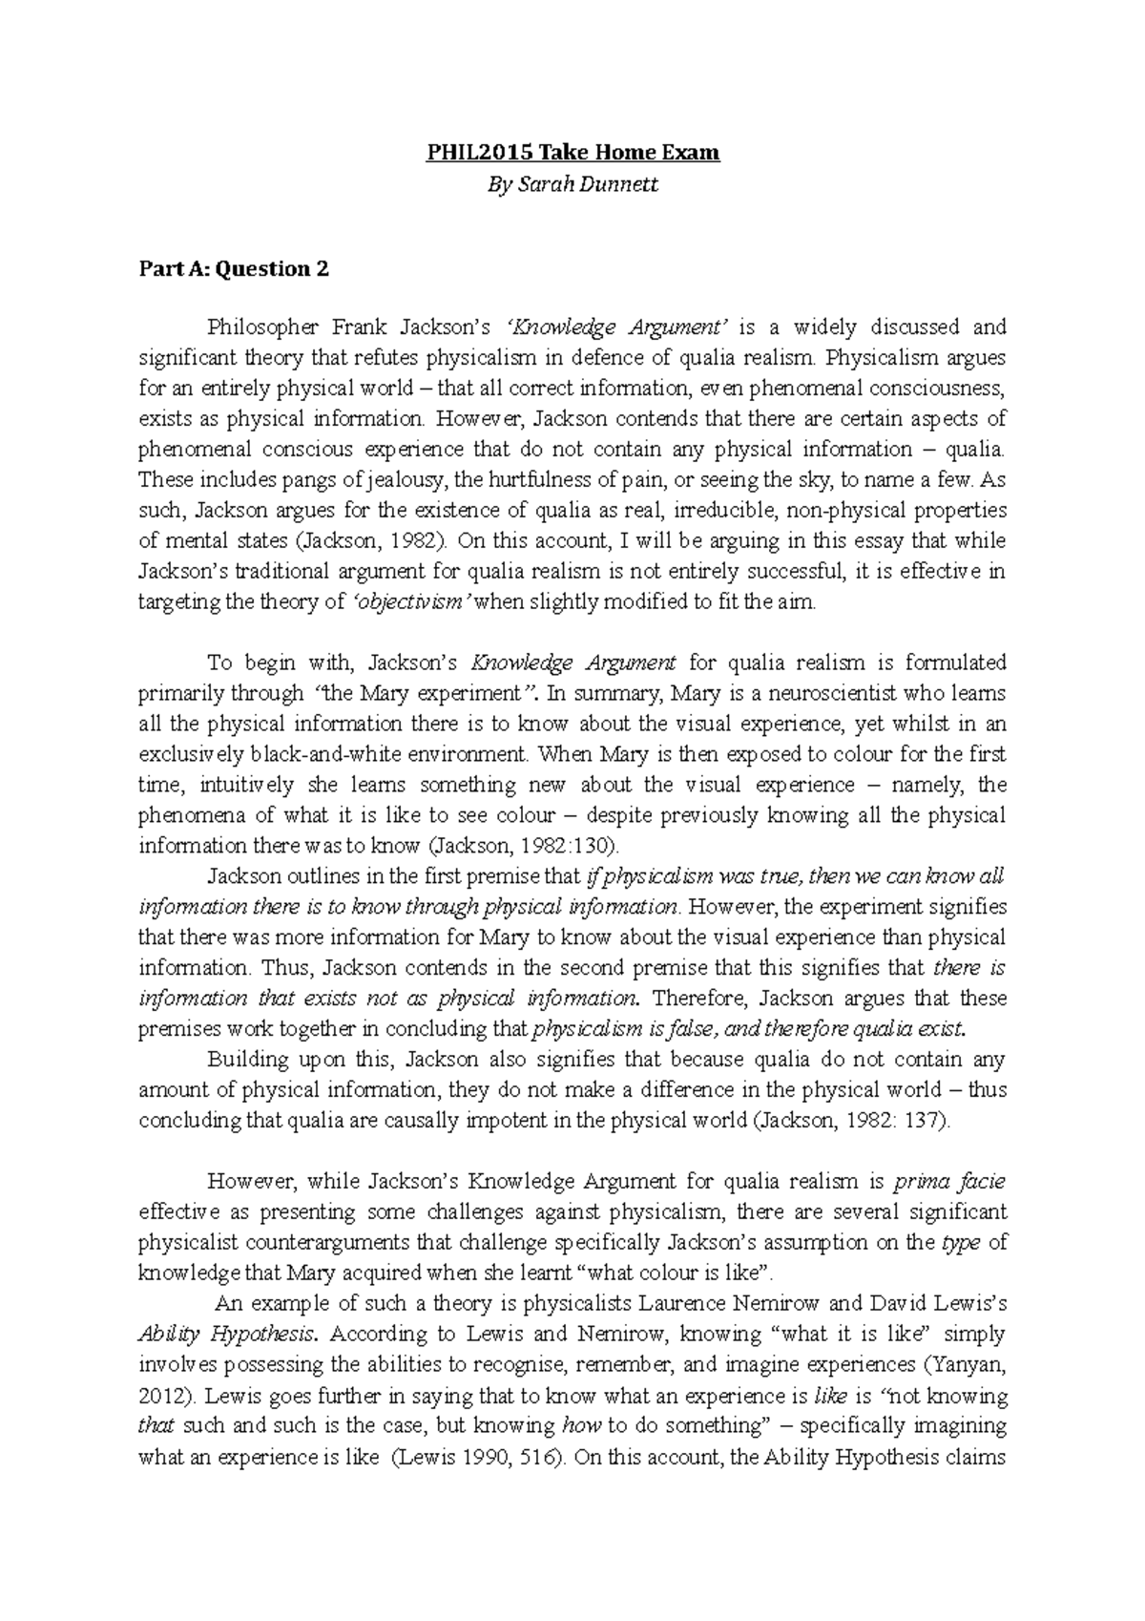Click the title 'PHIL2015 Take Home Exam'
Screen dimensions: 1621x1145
[572, 152]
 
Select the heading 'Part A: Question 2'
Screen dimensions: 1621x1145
[234, 269]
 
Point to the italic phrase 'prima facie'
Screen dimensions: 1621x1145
[948, 1182]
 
